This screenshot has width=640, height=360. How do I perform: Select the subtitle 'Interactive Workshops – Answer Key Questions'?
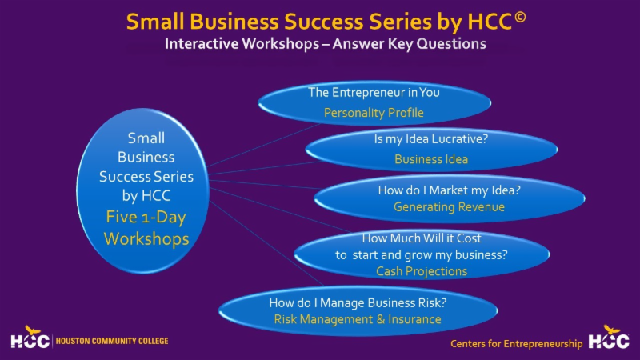pos(325,44)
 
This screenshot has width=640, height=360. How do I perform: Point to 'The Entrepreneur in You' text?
pos(374,92)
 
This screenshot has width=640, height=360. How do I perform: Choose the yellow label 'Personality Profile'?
pos(374,113)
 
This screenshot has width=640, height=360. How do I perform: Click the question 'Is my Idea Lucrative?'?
pos(431,138)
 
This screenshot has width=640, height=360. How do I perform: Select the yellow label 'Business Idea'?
pos(431,159)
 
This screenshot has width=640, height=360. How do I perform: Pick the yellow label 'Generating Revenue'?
pos(449,207)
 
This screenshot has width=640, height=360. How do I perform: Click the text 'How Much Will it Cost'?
pos(422,238)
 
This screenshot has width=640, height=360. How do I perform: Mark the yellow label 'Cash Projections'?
pos(422,271)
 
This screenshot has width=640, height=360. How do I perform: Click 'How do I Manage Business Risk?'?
pos(358,302)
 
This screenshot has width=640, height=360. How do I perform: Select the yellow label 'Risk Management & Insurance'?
pos(358,319)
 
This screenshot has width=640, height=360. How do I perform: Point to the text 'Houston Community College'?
pos(111,341)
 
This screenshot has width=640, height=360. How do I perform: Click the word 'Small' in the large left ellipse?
pos(146,138)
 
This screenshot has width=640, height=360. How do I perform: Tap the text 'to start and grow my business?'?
pos(422,255)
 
